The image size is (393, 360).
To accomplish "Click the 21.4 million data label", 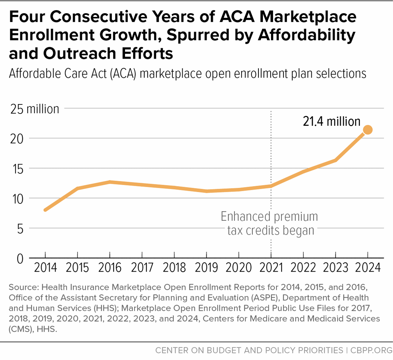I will (x=331, y=121).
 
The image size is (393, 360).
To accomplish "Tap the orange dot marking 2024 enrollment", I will (x=368, y=129).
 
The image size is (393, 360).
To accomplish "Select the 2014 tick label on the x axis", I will (x=45, y=267).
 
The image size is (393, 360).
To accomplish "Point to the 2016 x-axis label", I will (x=110, y=267).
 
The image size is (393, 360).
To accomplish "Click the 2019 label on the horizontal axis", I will (x=206, y=267).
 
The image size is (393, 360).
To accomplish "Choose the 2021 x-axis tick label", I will (x=271, y=267).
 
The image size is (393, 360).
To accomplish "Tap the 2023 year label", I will (x=335, y=267).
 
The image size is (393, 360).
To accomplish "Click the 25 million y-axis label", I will (x=35, y=109).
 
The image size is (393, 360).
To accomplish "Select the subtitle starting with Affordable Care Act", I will (x=188, y=73).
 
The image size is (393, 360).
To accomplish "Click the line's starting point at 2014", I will (x=45, y=210).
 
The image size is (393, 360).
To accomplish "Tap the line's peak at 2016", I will (x=110, y=182).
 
